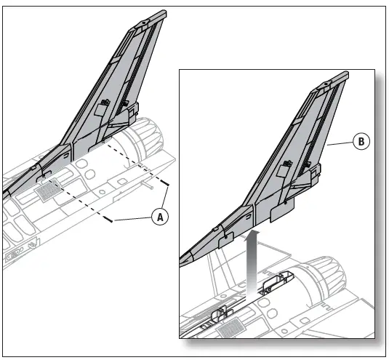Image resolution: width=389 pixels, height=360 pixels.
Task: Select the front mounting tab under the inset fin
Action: tap(225, 235)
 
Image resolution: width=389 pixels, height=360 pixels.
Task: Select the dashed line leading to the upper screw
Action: tap(138, 164)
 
